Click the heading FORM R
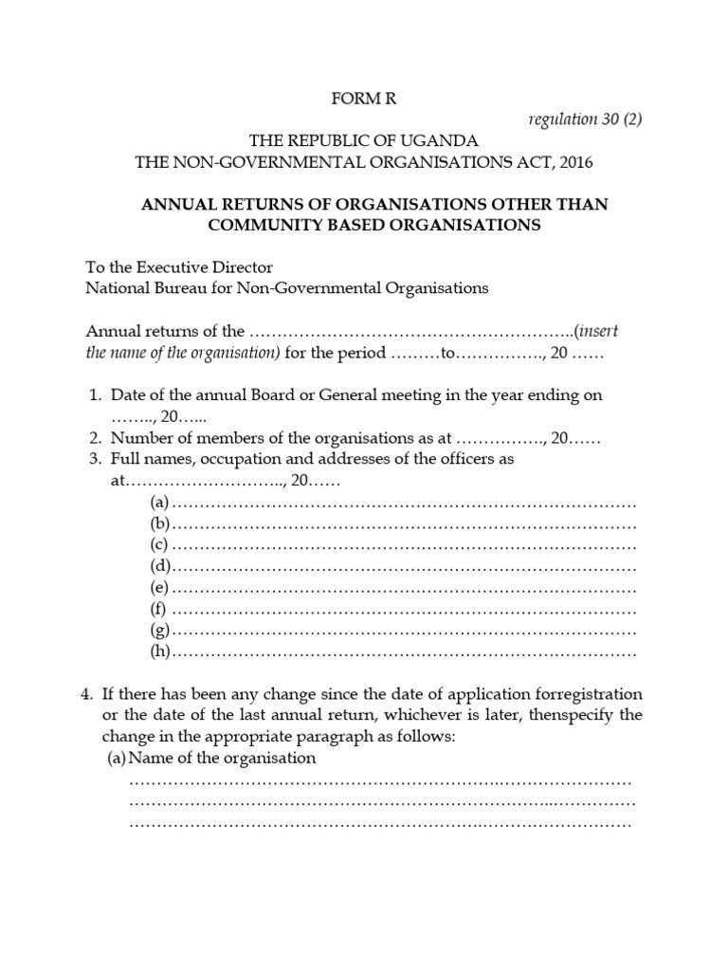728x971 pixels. (x=365, y=99)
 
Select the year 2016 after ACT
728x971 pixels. (x=574, y=162)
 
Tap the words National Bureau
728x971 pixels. (x=139, y=288)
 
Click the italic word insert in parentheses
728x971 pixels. (x=597, y=331)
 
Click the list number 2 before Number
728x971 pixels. (x=95, y=438)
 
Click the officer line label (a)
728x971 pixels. (x=159, y=502)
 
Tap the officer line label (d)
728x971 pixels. (x=159, y=566)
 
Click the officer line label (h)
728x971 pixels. (x=159, y=651)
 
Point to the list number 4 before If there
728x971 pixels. (x=84, y=694)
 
